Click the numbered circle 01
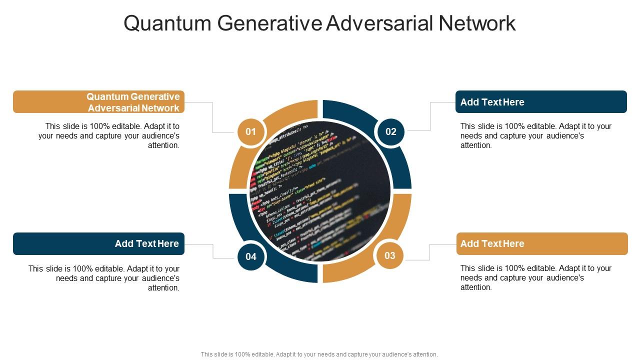coord(250,132)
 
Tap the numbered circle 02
coord(390,132)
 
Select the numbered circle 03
coord(390,256)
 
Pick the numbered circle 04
coord(250,256)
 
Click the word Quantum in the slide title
coord(167,23)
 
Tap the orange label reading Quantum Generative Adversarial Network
coord(98,102)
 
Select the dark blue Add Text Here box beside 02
coord(541,102)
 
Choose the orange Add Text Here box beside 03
coord(542,243)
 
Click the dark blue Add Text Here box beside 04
coord(98,243)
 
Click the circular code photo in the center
coord(320,191)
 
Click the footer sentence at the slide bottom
coord(319,354)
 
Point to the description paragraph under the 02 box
coord(536,135)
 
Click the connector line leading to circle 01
coord(212,117)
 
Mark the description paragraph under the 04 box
coord(104,278)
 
